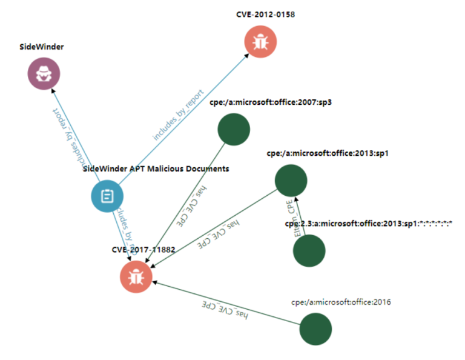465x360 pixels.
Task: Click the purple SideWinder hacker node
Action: pos(44,75)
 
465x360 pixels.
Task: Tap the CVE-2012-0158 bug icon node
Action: pos(261,42)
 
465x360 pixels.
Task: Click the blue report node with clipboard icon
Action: pos(107,196)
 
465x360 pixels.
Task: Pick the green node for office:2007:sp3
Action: pos(234,130)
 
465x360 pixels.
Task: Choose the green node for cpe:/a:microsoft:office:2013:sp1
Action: pos(291,180)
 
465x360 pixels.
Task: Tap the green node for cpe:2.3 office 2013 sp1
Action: pos(309,250)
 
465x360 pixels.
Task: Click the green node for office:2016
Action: pos(316,329)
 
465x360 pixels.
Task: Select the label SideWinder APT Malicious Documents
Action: pos(156,169)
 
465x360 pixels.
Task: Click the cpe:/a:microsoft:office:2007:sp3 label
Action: pos(270,102)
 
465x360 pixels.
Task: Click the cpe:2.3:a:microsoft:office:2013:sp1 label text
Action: pos(369,224)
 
